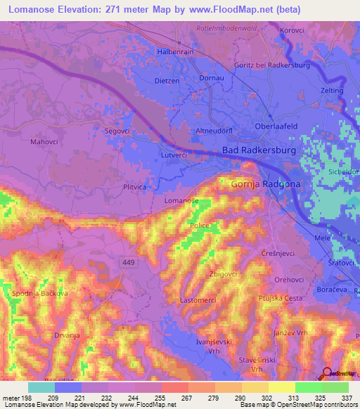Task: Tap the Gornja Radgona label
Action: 261,184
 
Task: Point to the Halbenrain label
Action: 174,52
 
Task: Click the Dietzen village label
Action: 167,80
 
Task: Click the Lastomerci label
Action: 198,299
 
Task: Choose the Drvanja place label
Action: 67,336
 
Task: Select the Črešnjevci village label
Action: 276,252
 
